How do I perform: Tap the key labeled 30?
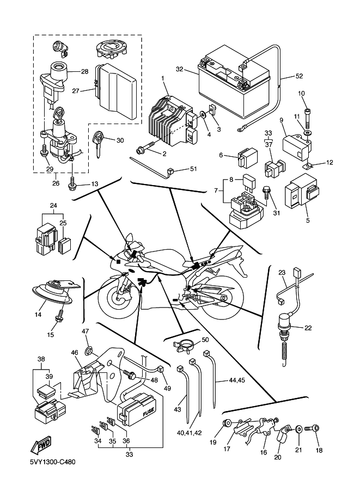(x=100, y=143)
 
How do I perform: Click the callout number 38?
(x=41, y=359)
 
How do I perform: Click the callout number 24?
(x=53, y=206)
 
